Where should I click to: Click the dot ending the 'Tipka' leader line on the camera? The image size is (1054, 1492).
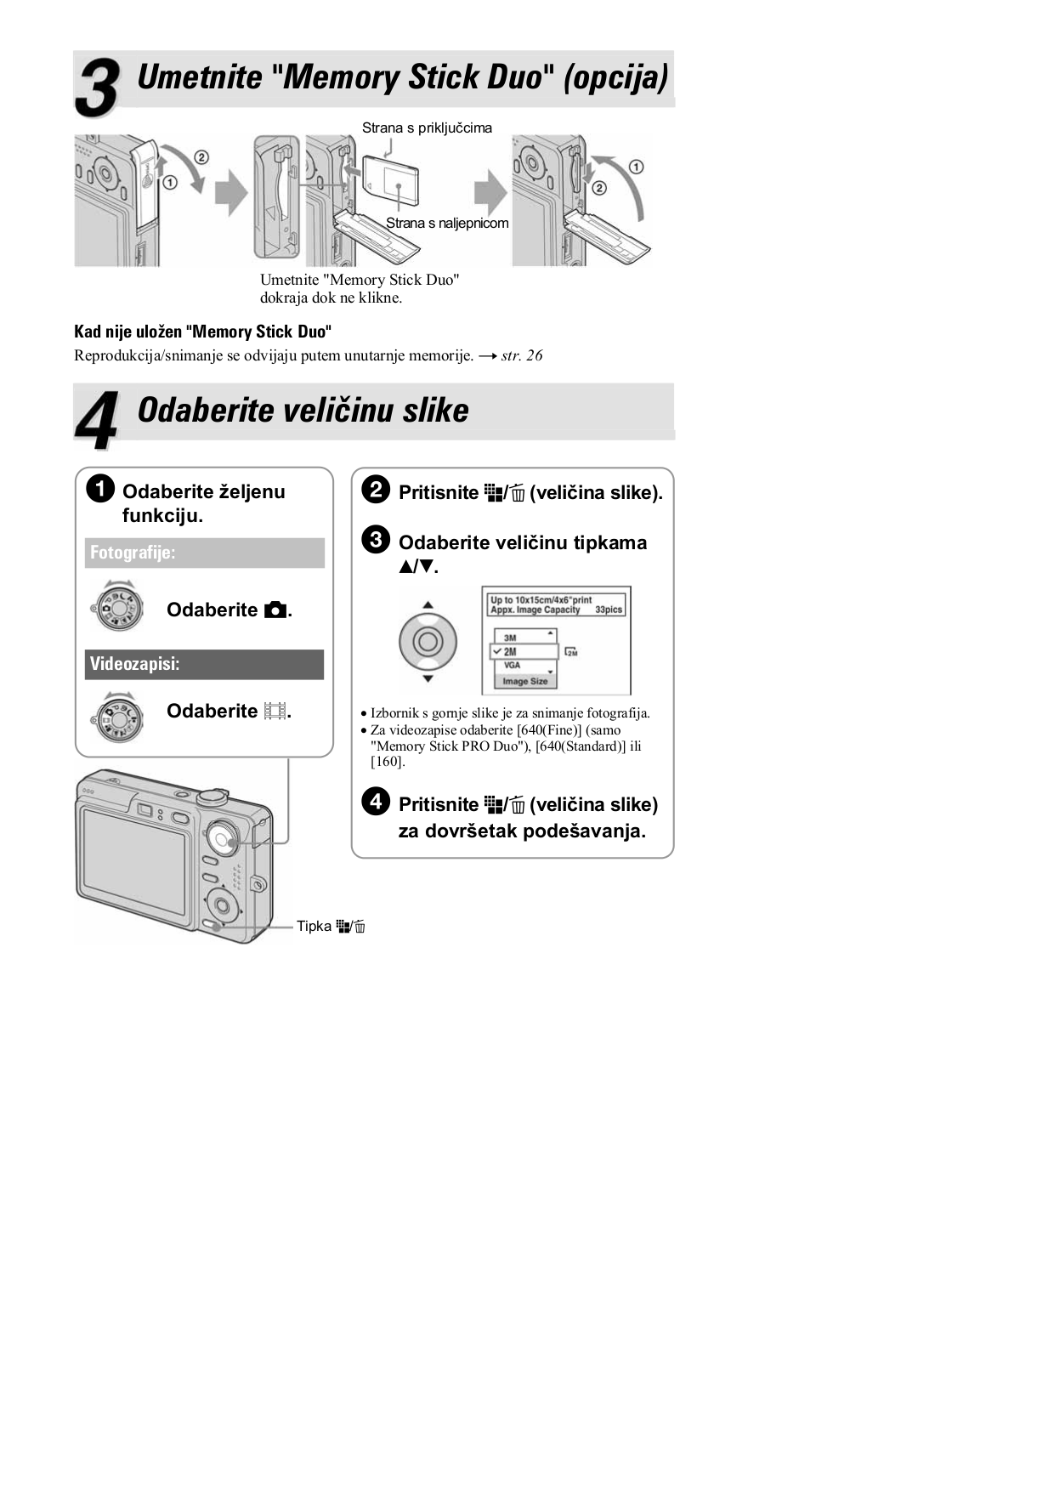(218, 926)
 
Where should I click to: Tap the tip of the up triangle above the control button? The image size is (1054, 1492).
(428, 602)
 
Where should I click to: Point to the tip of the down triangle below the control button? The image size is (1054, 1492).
(428, 683)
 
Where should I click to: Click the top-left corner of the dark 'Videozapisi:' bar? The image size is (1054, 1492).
(85, 650)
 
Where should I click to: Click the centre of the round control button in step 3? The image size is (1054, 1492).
(428, 642)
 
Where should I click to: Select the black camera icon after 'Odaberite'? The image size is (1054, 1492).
(275, 610)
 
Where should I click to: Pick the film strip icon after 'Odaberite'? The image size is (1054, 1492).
(275, 711)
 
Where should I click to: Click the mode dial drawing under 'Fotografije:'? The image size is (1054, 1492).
(117, 606)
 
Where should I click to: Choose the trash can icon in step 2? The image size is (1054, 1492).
(518, 493)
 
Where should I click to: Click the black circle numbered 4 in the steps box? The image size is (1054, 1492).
(376, 802)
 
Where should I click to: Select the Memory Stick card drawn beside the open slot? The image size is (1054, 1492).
(391, 179)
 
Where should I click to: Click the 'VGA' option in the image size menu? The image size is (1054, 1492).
(512, 666)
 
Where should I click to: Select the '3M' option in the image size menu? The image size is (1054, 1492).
(510, 638)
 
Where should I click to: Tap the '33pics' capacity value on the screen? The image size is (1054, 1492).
(609, 610)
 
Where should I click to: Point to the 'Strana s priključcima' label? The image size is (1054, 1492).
(427, 128)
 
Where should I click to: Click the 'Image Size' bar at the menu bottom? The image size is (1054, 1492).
(525, 681)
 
